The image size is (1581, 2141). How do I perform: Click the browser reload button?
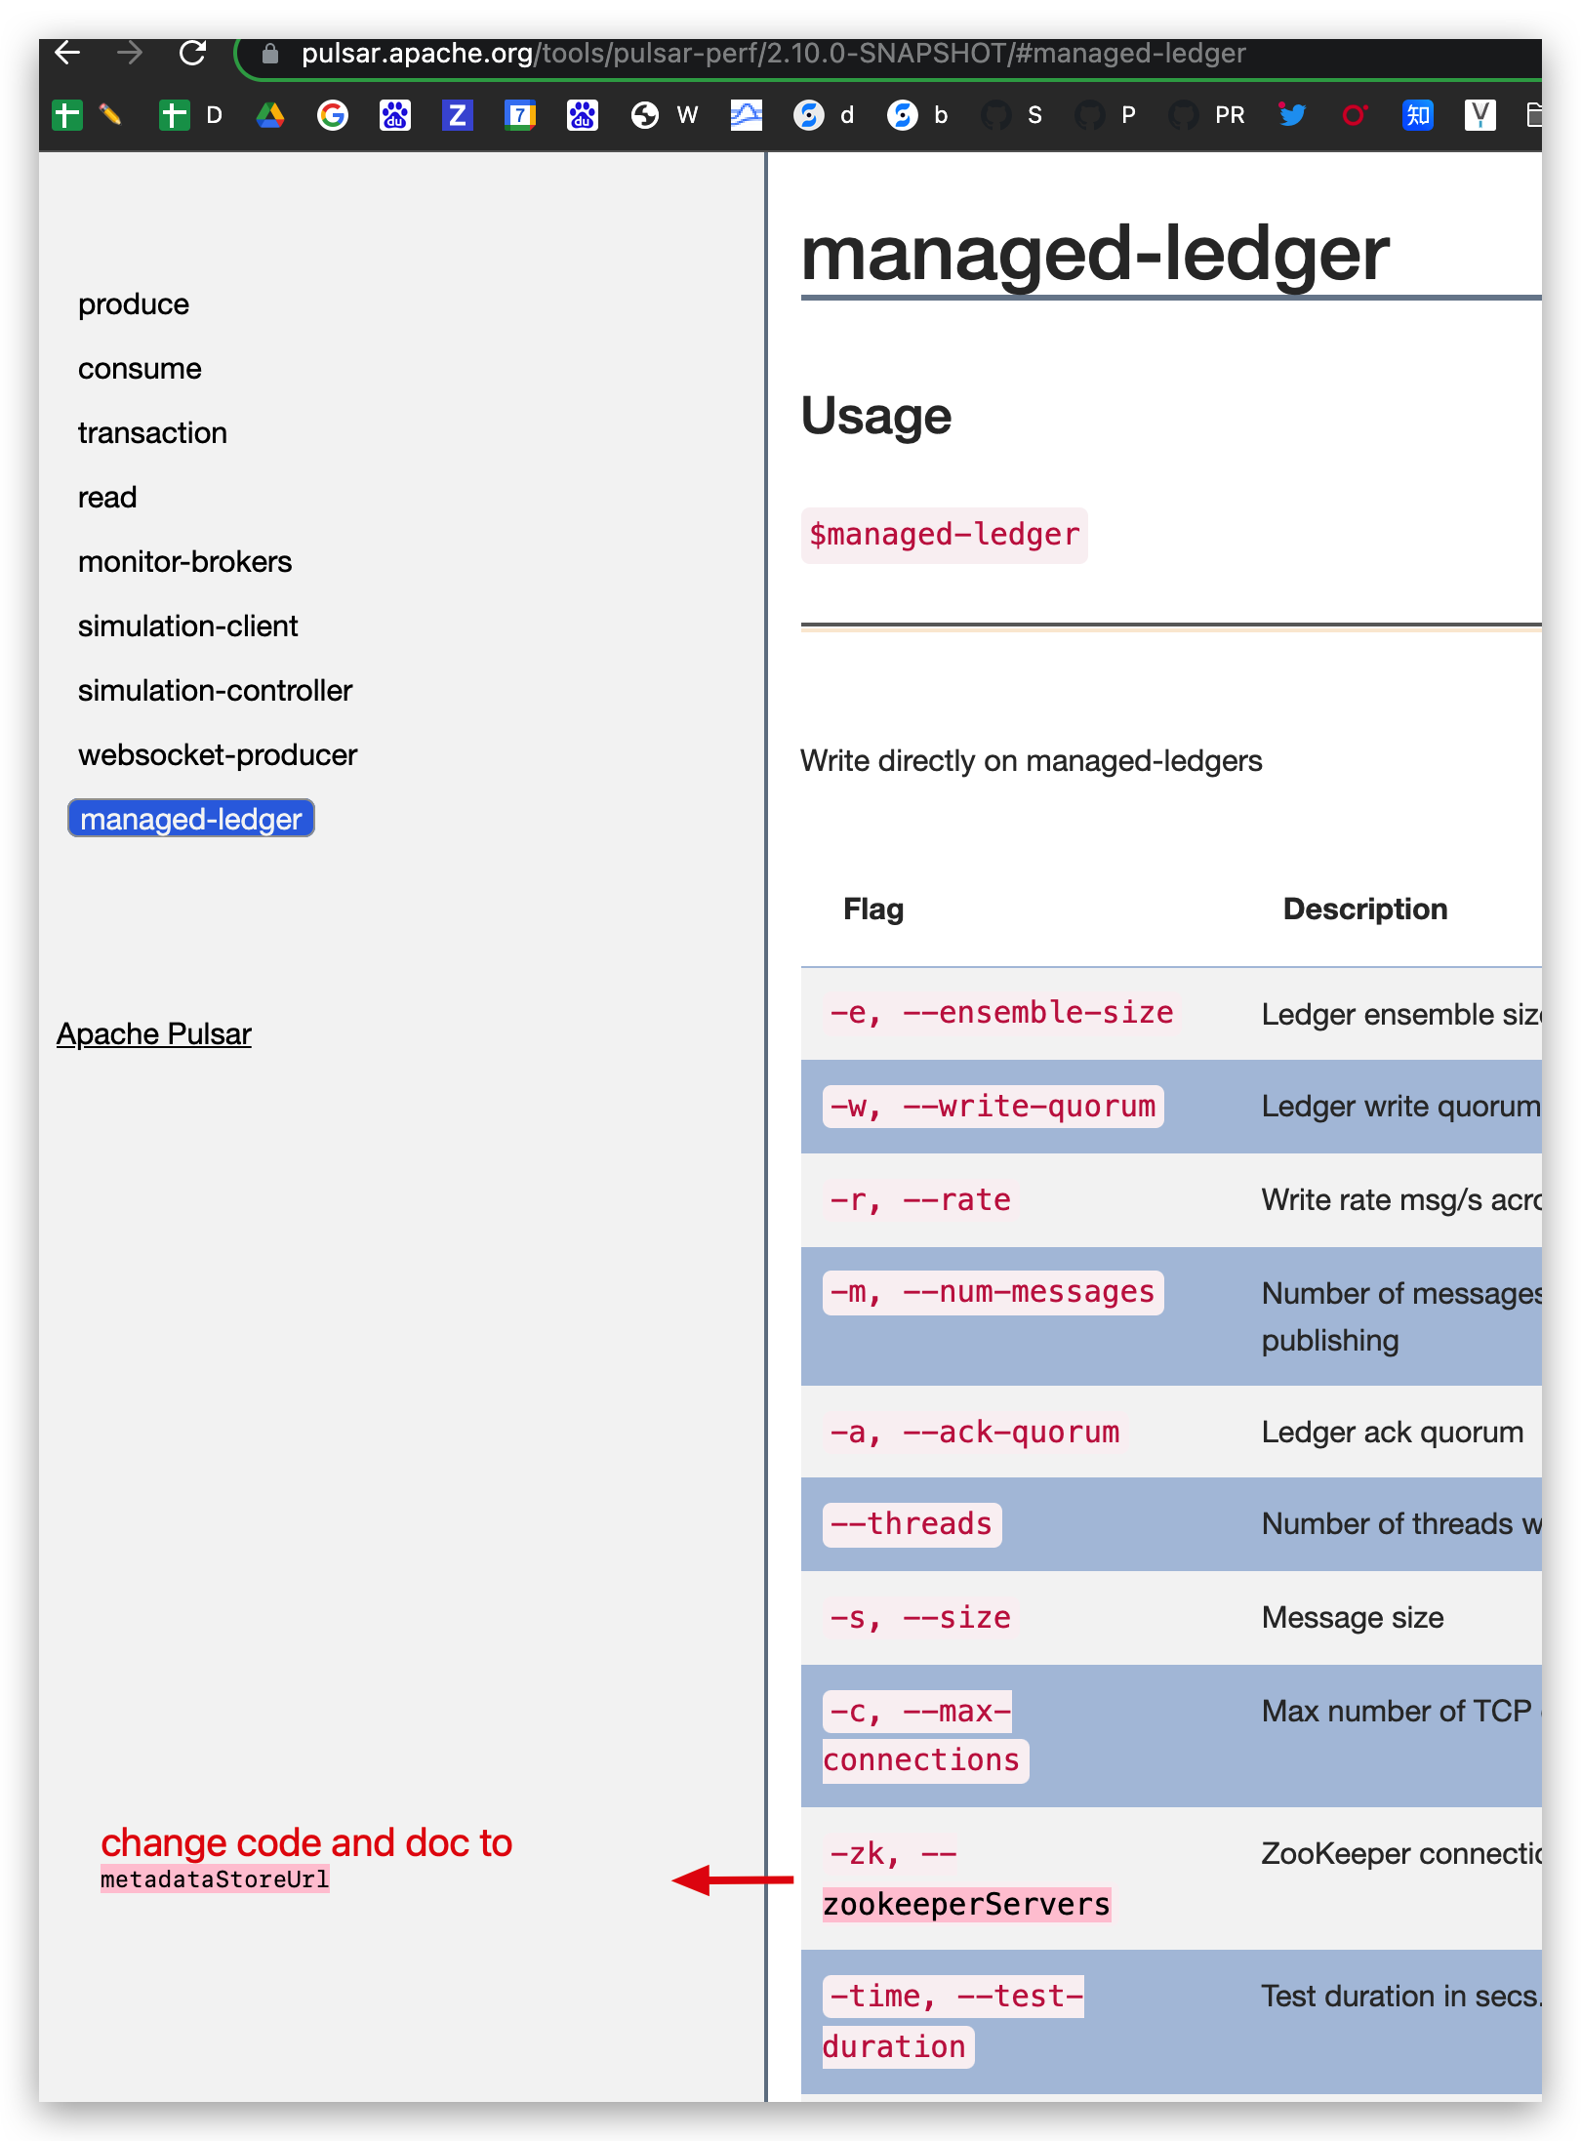click(192, 53)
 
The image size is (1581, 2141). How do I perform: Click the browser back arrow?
click(67, 53)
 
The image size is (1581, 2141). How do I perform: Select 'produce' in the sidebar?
click(134, 304)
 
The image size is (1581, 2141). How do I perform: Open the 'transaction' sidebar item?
click(152, 433)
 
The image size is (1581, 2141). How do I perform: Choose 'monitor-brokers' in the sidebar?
click(184, 562)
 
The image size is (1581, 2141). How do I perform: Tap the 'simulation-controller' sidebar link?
click(215, 691)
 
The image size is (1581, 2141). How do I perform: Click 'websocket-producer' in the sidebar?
click(218, 755)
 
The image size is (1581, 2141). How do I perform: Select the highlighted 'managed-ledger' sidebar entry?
click(191, 819)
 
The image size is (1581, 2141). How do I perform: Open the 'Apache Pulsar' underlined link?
click(154, 1034)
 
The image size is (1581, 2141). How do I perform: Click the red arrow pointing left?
click(732, 1879)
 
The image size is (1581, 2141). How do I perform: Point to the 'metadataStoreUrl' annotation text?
click(215, 1879)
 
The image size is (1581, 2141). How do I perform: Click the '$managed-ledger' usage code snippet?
click(944, 535)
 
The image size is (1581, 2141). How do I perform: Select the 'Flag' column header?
click(873, 909)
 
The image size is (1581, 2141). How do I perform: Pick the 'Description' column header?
click(1364, 909)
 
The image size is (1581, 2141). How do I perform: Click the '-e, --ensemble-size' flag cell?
click(1001, 1013)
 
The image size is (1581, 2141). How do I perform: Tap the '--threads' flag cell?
click(912, 1524)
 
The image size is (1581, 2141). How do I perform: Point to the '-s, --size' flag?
click(920, 1618)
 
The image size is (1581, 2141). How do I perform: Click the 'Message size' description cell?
click(1353, 1618)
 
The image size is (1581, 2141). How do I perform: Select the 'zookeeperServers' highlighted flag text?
click(966, 1905)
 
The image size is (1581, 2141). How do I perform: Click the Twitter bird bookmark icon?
click(1292, 115)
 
